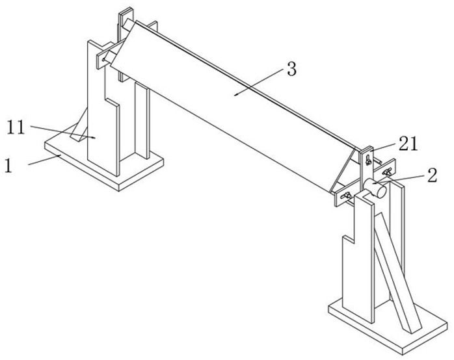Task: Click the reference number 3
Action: (291, 70)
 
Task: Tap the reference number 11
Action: (16, 127)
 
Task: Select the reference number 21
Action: (408, 144)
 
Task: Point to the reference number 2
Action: (432, 175)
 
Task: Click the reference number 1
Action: (8, 166)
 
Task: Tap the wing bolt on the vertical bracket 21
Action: (368, 160)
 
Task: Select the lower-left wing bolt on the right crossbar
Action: (346, 196)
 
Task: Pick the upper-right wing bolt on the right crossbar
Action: (387, 172)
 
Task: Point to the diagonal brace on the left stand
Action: (79, 125)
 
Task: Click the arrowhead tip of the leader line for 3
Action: (235, 95)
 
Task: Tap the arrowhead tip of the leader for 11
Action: (95, 138)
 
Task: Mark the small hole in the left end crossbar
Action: (103, 60)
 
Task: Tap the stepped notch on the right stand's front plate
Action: (349, 238)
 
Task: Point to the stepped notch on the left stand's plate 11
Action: (113, 103)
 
